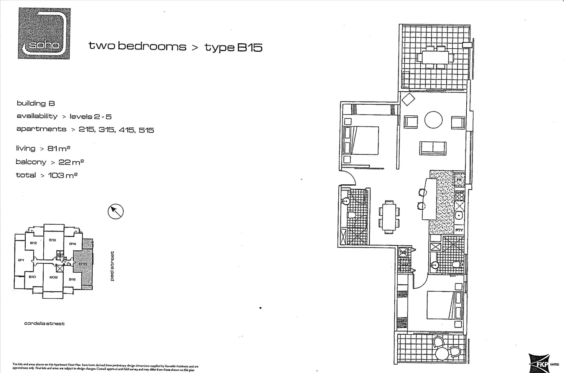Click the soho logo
tap(44, 33)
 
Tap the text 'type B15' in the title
tap(233, 47)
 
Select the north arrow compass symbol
tap(115, 211)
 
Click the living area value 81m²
tap(59, 148)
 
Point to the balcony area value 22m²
tap(71, 162)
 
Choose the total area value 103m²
tap(63, 175)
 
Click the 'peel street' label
tap(112, 266)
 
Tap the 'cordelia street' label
tap(44, 324)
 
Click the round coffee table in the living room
tap(433, 120)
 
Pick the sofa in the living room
tap(433, 148)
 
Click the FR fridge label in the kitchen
tap(459, 180)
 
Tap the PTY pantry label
tap(459, 230)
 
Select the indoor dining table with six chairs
tap(389, 217)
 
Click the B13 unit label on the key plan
tap(52, 240)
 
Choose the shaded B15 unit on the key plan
tap(83, 264)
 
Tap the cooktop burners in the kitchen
tap(459, 196)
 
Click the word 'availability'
tap(37, 116)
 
